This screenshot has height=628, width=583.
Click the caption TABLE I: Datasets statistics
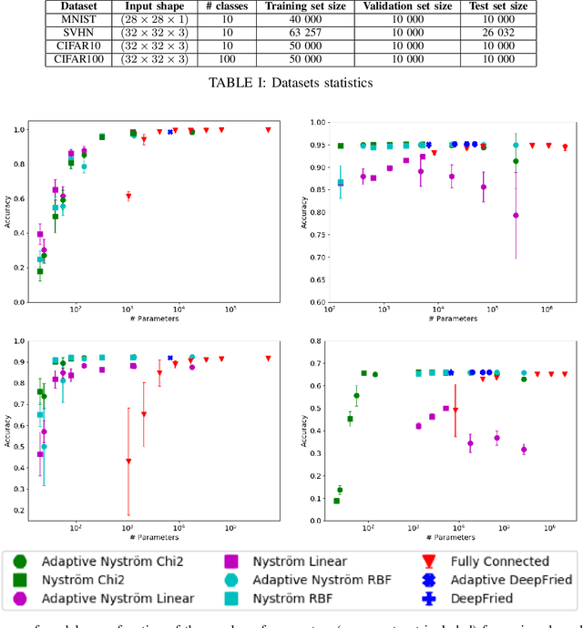coord(291,81)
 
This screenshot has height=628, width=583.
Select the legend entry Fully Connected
coord(502,561)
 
